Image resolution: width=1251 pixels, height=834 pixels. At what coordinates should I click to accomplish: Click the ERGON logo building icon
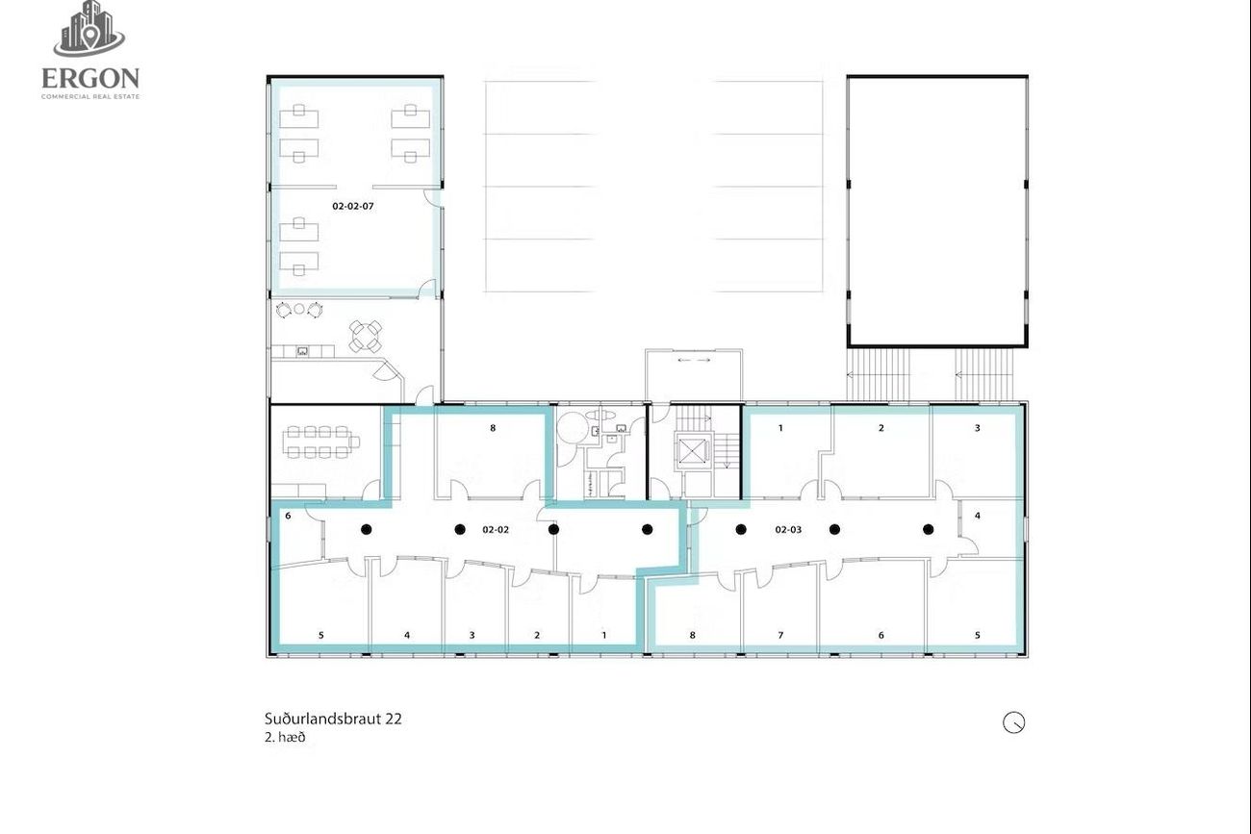[x=89, y=28]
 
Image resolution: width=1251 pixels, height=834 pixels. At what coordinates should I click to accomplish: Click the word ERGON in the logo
[x=90, y=79]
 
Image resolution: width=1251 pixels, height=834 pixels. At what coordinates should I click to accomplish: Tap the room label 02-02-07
[x=353, y=206]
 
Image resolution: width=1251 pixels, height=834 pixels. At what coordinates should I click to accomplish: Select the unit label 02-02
[x=496, y=530]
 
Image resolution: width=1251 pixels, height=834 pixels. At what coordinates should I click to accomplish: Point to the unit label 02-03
[x=788, y=530]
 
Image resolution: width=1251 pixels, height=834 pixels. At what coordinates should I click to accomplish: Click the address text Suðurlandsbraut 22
[x=333, y=719]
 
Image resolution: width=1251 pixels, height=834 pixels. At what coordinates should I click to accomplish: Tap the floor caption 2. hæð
[x=286, y=738]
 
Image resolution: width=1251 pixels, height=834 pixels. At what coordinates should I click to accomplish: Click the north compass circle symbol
[x=1013, y=722]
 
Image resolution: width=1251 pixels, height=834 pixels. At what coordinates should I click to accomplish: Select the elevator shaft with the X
[x=694, y=450]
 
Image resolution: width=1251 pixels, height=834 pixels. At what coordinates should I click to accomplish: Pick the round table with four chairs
[x=366, y=336]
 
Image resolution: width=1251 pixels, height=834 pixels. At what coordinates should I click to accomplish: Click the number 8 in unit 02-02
[x=493, y=428]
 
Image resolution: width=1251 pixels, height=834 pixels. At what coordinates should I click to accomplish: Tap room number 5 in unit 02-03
[x=978, y=635]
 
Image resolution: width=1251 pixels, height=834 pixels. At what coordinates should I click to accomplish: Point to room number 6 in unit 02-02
[x=288, y=516]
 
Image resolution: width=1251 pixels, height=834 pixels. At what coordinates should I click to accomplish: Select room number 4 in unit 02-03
[x=978, y=516]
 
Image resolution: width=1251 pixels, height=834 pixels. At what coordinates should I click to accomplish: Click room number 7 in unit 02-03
[x=780, y=635]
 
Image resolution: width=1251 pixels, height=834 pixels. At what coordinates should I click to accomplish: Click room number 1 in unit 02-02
[x=603, y=635]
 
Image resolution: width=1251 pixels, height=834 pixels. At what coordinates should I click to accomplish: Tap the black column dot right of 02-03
[x=834, y=529]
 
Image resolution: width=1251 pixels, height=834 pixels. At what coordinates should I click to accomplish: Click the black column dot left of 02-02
[x=460, y=529]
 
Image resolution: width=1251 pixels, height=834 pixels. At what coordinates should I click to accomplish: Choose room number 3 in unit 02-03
[x=978, y=428]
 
